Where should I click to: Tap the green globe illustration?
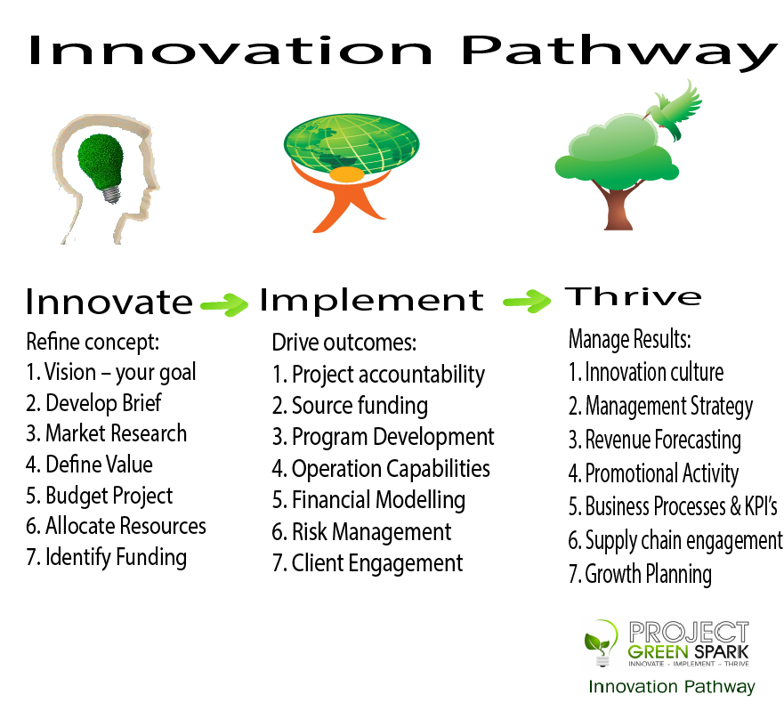[x=352, y=144]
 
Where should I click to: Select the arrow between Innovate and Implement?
[x=224, y=303]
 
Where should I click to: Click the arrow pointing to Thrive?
[x=527, y=301]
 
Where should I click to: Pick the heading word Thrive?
[x=633, y=296]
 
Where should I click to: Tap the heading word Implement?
[x=371, y=301]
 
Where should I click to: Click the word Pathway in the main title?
[x=618, y=53]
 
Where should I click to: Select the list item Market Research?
[x=107, y=433]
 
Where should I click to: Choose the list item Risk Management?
[x=361, y=531]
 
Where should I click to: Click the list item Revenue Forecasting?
[x=654, y=440]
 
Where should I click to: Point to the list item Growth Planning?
[x=640, y=574]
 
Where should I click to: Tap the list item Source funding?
[x=350, y=406]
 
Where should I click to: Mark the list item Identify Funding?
[x=107, y=557]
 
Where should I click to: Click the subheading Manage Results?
[x=629, y=339]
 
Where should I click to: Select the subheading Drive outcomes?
[x=344, y=343]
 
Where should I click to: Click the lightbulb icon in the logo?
[x=601, y=643]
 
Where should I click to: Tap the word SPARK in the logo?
[x=722, y=652]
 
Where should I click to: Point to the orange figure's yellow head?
[x=347, y=174]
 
